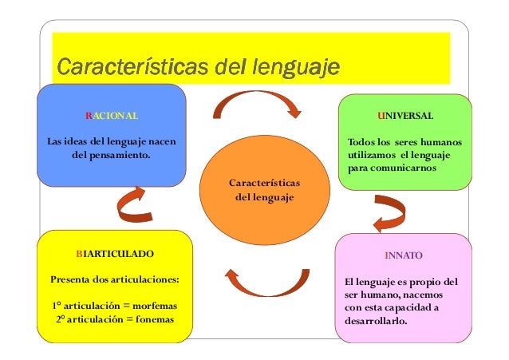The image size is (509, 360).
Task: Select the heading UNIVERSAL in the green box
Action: click(x=406, y=116)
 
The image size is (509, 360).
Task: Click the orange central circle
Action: click(x=262, y=189)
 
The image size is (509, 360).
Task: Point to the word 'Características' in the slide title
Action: click(x=127, y=65)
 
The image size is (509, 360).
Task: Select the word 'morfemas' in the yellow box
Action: click(x=152, y=306)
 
